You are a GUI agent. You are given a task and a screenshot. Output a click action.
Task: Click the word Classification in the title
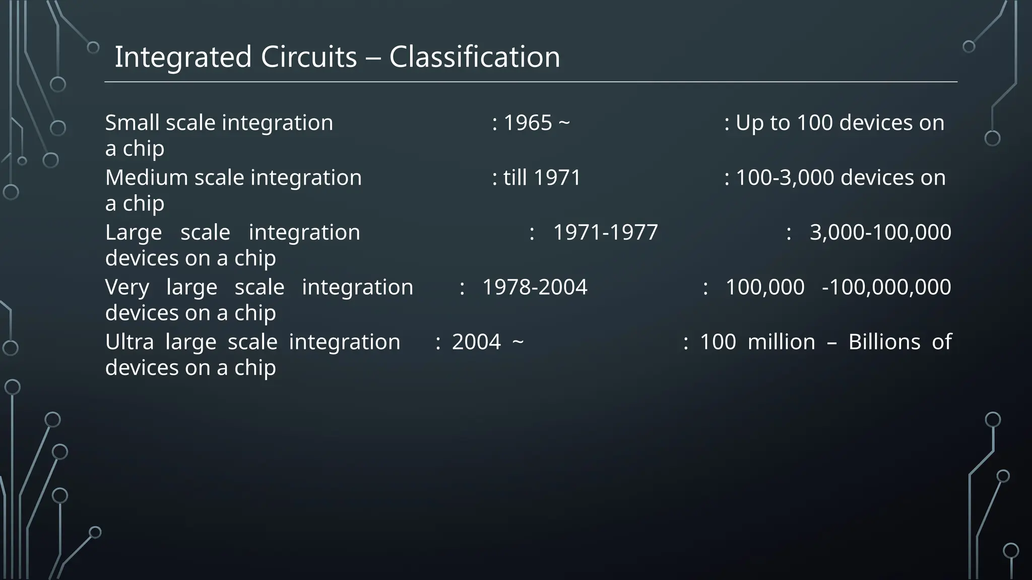(474, 56)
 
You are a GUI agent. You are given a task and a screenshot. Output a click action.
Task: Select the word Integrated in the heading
(183, 56)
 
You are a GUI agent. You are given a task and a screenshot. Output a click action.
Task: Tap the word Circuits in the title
(308, 56)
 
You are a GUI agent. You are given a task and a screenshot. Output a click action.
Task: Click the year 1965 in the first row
(528, 123)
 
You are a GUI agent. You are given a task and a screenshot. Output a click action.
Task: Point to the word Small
(132, 123)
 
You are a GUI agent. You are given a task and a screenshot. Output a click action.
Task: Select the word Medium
(147, 178)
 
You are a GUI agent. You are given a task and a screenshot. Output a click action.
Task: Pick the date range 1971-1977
(605, 233)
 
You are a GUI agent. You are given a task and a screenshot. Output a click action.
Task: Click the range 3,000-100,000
(880, 233)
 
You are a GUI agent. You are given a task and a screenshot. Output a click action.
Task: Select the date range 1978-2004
(535, 287)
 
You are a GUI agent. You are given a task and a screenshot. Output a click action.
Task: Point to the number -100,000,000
(886, 287)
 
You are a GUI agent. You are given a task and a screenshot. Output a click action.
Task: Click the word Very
(127, 287)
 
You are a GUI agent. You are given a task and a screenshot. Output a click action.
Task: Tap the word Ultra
(130, 342)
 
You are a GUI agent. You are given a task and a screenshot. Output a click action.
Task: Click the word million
(781, 342)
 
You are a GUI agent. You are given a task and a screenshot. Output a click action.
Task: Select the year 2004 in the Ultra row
(476, 342)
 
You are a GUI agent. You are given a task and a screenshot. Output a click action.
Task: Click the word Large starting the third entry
(134, 233)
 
